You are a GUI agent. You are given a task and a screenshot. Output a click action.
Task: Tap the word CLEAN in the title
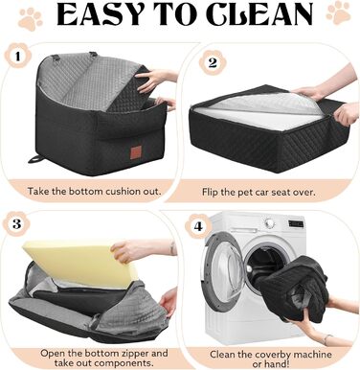click(260, 14)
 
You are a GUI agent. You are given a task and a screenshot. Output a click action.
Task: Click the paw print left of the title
click(31, 19)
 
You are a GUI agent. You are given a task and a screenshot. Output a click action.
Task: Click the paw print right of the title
click(338, 13)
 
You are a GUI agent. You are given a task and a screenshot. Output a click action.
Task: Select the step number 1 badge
click(18, 56)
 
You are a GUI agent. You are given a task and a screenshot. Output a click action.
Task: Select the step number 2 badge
click(213, 62)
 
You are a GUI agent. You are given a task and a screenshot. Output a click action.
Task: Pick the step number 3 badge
click(17, 223)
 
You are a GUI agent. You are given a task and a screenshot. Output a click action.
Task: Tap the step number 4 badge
click(198, 226)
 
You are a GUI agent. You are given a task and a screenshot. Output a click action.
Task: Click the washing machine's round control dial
click(270, 222)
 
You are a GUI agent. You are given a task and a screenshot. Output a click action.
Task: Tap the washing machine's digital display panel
click(296, 223)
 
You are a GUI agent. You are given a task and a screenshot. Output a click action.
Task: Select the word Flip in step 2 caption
click(210, 192)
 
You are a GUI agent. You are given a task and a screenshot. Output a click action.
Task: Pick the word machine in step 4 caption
click(312, 355)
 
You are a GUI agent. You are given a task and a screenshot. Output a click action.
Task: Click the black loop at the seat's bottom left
click(36, 159)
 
